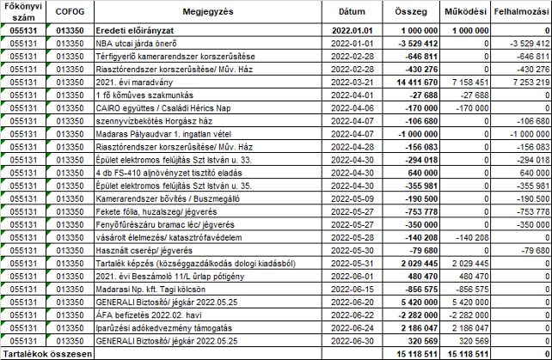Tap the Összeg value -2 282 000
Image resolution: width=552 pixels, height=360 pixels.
coord(415,315)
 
